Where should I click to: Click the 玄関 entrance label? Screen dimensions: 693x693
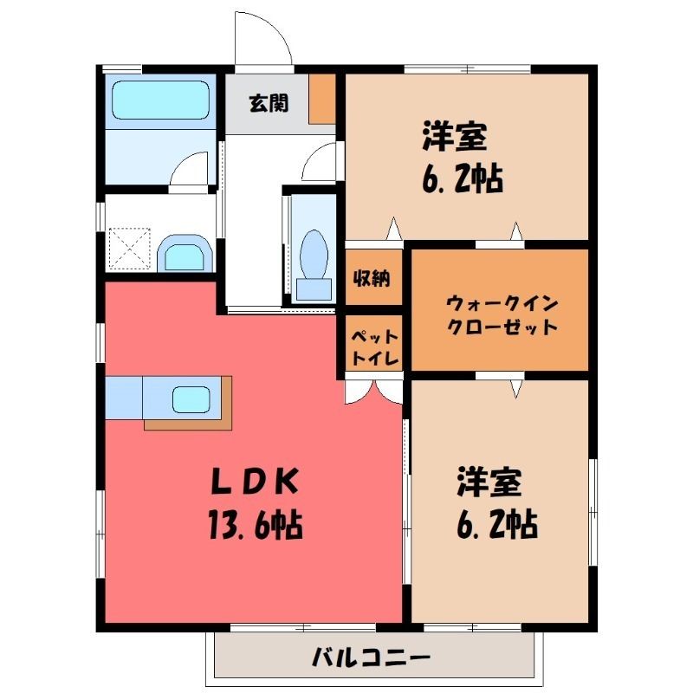coord(269,103)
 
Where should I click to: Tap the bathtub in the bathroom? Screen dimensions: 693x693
coord(161,100)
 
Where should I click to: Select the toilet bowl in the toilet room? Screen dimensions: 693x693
coord(314,254)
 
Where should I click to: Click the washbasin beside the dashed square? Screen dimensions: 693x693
coord(185,253)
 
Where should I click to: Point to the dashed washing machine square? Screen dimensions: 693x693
coord(130,249)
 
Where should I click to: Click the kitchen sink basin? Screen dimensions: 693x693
coord(191,399)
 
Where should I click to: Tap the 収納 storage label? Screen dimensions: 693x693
coord(372,278)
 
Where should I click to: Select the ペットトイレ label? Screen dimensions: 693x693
coord(375,348)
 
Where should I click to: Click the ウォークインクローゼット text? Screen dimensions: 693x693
coord(502,315)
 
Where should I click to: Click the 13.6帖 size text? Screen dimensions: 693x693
coord(256,525)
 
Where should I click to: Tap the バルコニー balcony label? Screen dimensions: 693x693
coord(371,657)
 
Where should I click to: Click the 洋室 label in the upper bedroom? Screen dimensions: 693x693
coord(454,136)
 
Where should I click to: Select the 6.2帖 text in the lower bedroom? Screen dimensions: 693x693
coord(497,525)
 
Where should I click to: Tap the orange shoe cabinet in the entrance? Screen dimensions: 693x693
coord(322,99)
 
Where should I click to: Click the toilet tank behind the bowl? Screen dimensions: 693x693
coord(314,289)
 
